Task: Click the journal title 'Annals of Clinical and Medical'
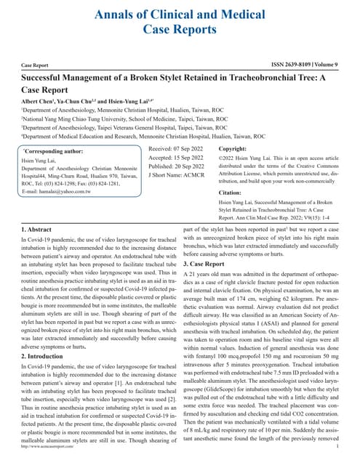pyautogui.click(x=180, y=13)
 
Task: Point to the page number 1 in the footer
pyautogui.click(x=339, y=458)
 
